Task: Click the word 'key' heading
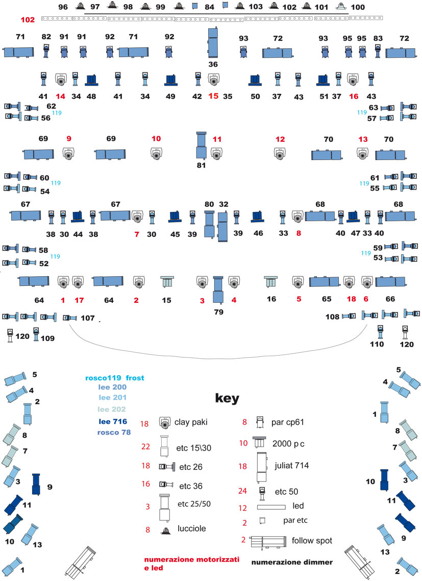click(x=227, y=399)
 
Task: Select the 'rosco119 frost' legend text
click(x=115, y=378)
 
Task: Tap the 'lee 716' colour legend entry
click(x=113, y=421)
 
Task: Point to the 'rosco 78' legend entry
click(x=114, y=432)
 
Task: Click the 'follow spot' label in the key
click(x=312, y=541)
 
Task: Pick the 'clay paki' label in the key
click(x=191, y=422)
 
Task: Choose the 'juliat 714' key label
click(x=292, y=465)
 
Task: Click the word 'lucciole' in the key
click(x=191, y=529)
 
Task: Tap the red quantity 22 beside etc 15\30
click(x=145, y=447)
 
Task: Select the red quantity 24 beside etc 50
click(x=242, y=491)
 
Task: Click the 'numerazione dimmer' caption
click(x=292, y=562)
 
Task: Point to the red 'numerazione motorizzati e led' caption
click(x=191, y=563)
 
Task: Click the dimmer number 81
click(x=201, y=165)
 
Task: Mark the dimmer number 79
click(x=218, y=312)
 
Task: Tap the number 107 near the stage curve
click(x=88, y=318)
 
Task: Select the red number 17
click(x=79, y=300)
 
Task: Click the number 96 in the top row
click(x=63, y=7)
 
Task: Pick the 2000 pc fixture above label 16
click(x=271, y=282)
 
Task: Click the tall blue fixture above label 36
click(x=213, y=42)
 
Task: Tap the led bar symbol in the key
click(x=271, y=507)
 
